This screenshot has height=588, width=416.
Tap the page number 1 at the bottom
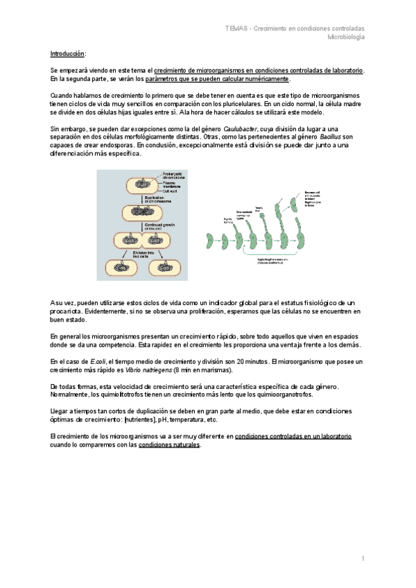[362, 559]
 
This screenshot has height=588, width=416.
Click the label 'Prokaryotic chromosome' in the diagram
[171, 176]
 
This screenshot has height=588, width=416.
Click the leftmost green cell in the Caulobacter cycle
[209, 241]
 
